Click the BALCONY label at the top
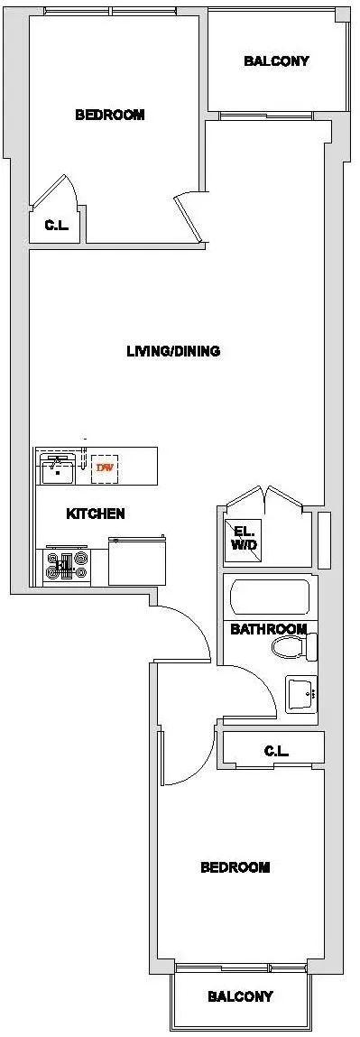coord(276,61)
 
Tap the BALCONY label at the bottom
coord(240,996)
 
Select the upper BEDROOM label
coord(109,115)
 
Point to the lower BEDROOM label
coord(235,867)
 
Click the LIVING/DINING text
coord(173,351)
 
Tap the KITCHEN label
coord(96,514)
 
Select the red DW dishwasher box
coord(106,468)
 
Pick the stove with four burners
coord(67,566)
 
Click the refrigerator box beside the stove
coord(137,561)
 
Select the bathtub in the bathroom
coord(270,597)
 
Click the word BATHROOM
coord(268,629)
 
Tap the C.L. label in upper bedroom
coord(56,226)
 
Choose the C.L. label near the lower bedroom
coord(275,750)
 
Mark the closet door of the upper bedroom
coord(64,190)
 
